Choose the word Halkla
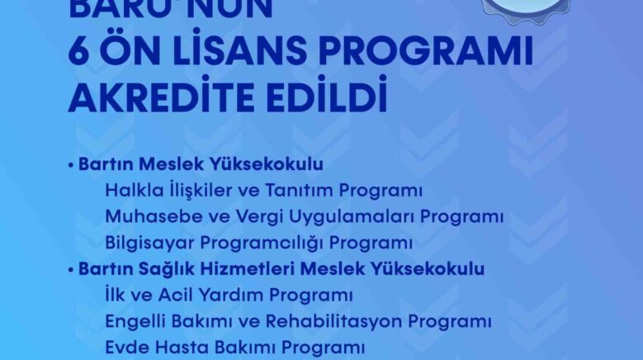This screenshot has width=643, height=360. click(130, 191)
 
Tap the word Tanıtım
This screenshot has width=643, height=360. click(291, 191)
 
